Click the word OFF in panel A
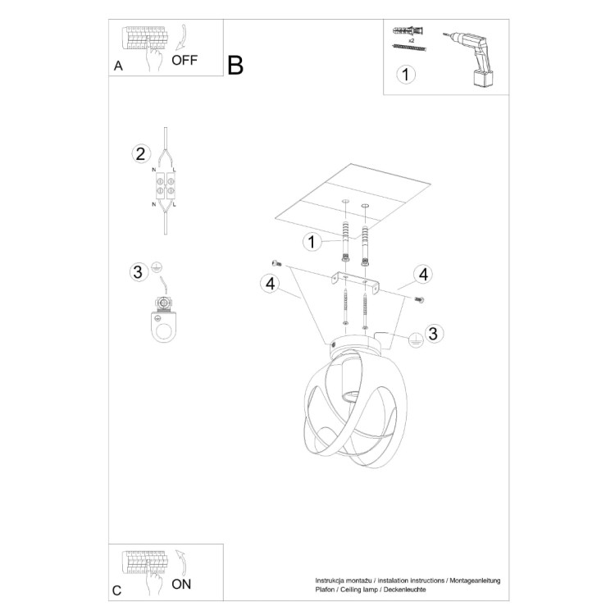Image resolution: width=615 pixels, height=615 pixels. pos(184,61)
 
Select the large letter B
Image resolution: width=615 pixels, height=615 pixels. pos(235,65)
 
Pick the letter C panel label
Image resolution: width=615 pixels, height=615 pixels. pos(117,590)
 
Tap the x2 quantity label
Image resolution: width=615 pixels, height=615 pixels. pos(412,39)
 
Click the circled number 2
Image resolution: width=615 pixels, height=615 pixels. pos(140,153)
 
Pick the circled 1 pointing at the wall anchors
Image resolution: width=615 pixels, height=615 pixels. pos(311,242)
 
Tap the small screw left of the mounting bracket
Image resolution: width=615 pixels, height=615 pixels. pos(276,263)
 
